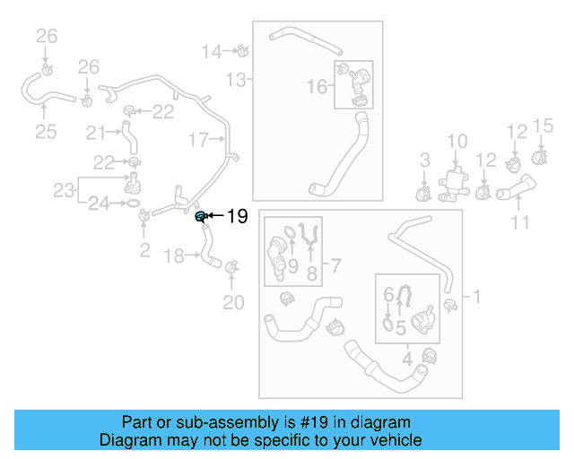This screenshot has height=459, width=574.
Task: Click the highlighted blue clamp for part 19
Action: point(201,216)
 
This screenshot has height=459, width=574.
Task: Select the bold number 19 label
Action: point(236,216)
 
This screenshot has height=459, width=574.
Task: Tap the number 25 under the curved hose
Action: point(46,133)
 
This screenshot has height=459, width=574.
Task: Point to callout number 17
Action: point(198,139)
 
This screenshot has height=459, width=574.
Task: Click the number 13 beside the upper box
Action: point(235,81)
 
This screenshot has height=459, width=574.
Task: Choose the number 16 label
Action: point(317,87)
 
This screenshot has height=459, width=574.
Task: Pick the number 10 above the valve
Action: point(457,141)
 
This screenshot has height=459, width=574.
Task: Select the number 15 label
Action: point(544,125)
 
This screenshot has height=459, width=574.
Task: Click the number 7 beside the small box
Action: point(334,265)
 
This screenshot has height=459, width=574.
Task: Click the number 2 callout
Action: point(144,250)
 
